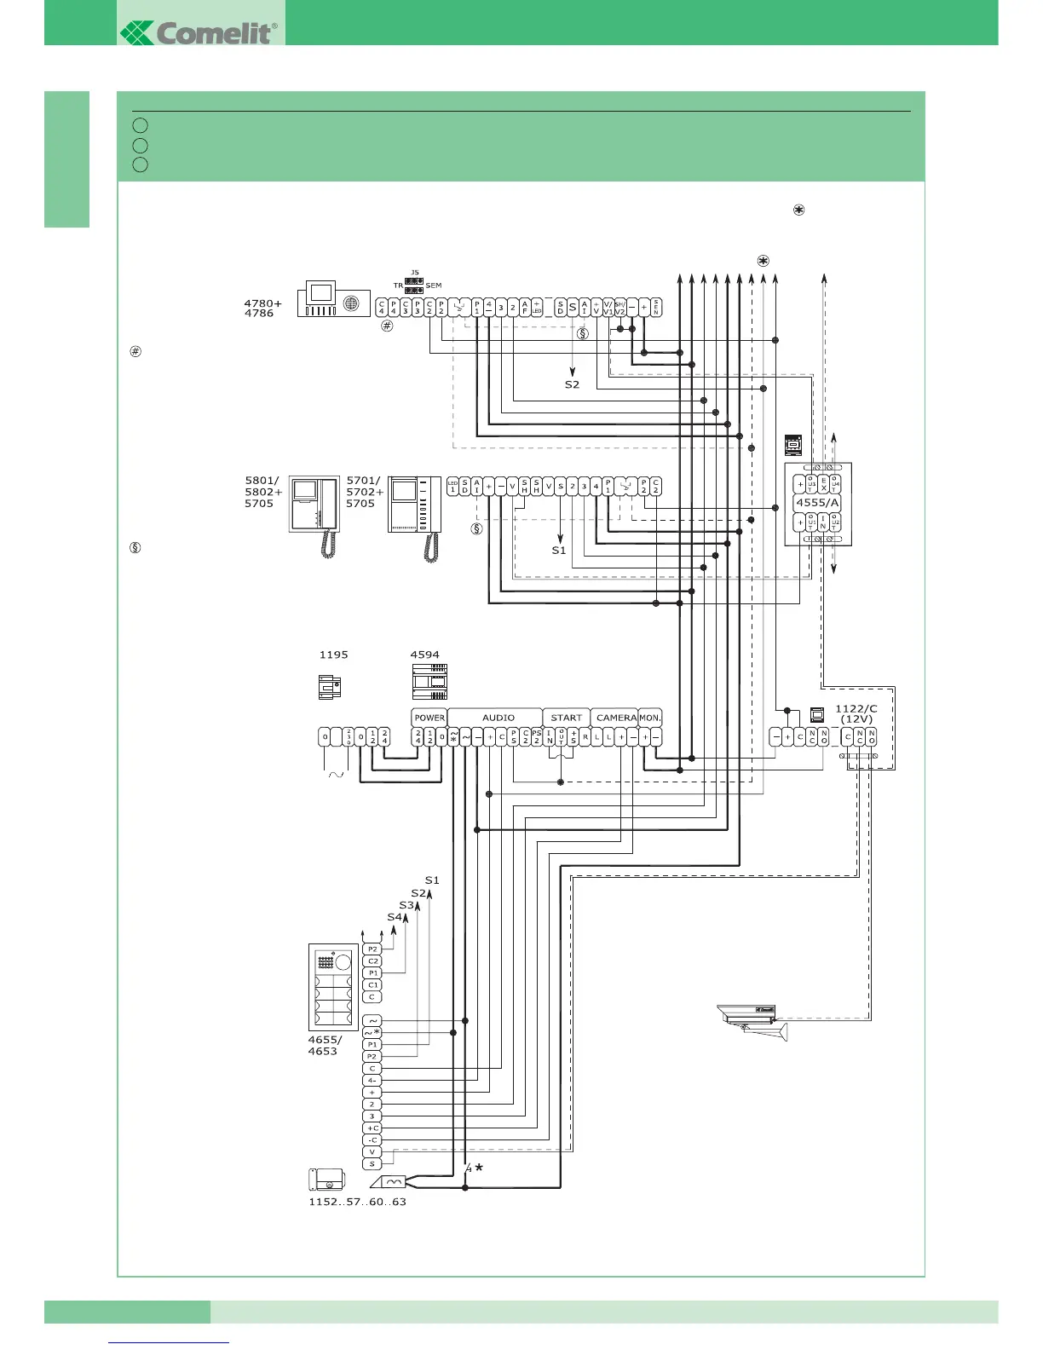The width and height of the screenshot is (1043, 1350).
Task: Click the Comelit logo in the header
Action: (200, 32)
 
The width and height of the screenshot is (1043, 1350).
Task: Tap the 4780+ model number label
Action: (262, 303)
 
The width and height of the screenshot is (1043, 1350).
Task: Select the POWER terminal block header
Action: (429, 718)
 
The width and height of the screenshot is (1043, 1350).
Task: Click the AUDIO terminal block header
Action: (498, 718)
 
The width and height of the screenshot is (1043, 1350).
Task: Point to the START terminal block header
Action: (566, 718)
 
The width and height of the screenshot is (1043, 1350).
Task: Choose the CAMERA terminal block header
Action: (616, 718)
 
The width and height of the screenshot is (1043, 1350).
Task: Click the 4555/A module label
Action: (817, 503)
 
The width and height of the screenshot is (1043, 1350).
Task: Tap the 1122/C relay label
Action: (856, 708)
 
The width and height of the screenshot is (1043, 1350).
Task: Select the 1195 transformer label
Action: (333, 655)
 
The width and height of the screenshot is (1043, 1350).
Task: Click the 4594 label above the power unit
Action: (425, 655)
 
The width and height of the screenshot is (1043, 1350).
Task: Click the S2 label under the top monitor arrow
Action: (572, 384)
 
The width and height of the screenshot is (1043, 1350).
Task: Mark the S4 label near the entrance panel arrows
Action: (394, 917)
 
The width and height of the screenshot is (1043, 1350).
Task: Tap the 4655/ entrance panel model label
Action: (325, 1040)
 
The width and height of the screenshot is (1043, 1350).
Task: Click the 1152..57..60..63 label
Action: (357, 1202)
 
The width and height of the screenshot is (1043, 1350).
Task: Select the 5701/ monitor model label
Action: (363, 481)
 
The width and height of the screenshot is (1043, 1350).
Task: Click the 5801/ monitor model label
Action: (262, 481)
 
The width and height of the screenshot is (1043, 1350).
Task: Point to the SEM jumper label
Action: (434, 286)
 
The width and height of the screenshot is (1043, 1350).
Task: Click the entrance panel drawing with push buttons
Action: (333, 987)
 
